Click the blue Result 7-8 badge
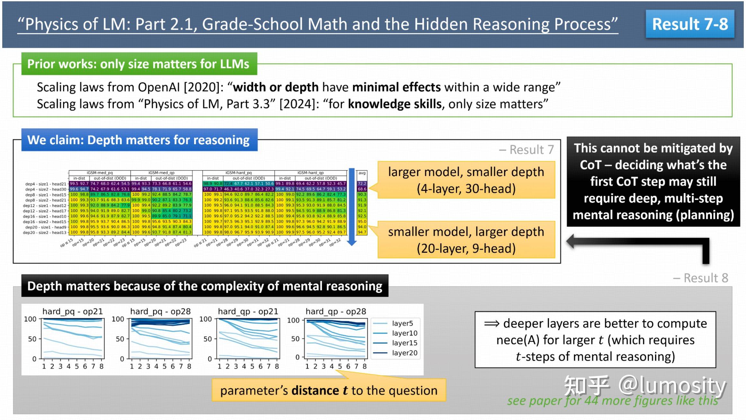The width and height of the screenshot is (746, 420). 690,24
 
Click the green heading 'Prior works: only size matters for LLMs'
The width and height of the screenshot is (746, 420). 138,64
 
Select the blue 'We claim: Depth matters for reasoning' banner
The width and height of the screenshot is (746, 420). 138,140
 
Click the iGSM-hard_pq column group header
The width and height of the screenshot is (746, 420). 238,173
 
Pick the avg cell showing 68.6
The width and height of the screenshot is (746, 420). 362,189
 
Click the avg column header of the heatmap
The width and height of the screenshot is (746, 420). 362,173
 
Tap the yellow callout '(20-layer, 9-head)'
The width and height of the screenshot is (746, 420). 466,248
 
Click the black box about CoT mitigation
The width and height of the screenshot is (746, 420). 653,181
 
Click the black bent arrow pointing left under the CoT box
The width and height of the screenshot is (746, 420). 639,243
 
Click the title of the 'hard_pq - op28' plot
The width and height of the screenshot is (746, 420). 160,311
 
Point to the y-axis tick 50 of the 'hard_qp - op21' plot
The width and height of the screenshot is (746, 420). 207,339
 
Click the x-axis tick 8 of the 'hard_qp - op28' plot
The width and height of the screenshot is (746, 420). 365,366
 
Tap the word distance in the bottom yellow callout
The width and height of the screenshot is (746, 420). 315,391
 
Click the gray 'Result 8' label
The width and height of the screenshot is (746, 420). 701,278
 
